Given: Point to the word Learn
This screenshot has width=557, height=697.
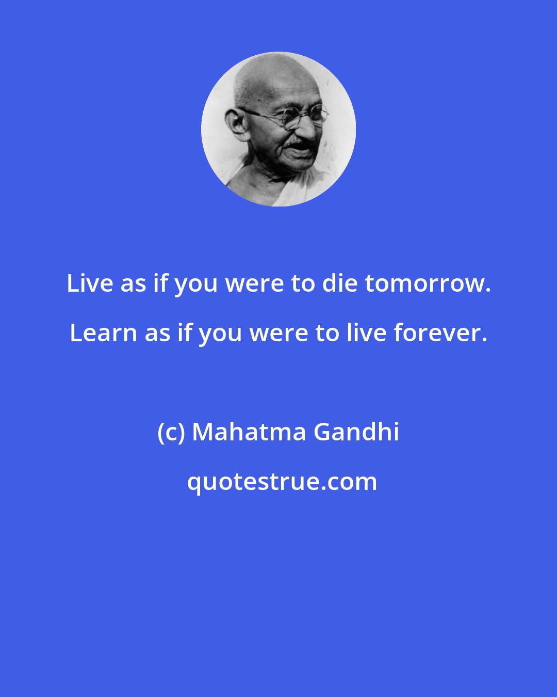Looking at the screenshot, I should (x=103, y=333).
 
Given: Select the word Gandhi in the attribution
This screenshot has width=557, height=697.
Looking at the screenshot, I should (x=356, y=432).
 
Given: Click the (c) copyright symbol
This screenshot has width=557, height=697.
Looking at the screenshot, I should (x=171, y=432).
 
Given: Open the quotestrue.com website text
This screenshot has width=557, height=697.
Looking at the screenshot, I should (x=282, y=482).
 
